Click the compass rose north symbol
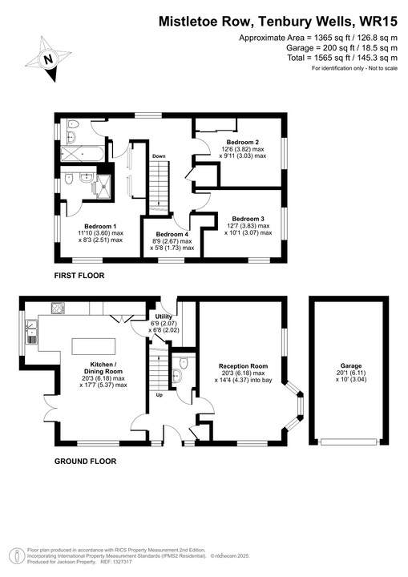(x=47, y=57)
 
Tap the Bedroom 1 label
(x=100, y=226)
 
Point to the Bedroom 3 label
(x=248, y=219)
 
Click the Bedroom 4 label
(x=172, y=234)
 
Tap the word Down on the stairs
(x=160, y=156)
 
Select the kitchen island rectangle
(x=95, y=346)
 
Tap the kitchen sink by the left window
(x=31, y=330)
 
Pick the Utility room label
(x=164, y=317)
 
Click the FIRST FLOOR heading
(x=79, y=276)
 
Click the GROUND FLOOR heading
(x=85, y=462)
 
